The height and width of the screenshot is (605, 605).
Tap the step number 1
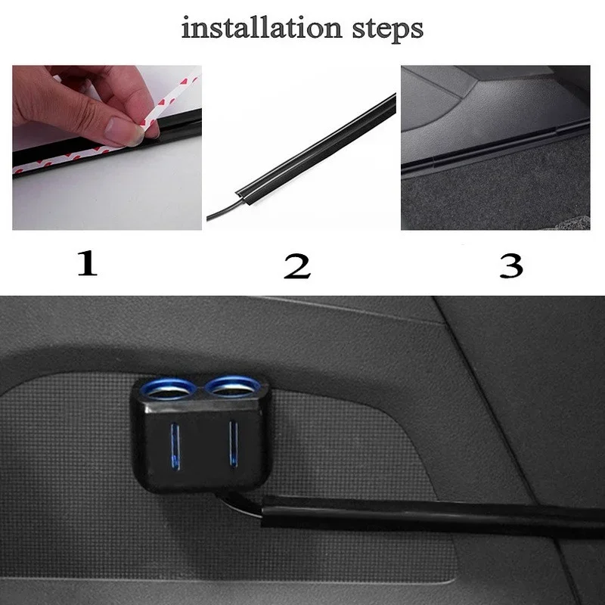click(x=88, y=264)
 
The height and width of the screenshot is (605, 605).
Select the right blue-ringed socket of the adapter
click(x=233, y=389)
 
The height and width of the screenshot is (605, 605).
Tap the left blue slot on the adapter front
click(x=175, y=446)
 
